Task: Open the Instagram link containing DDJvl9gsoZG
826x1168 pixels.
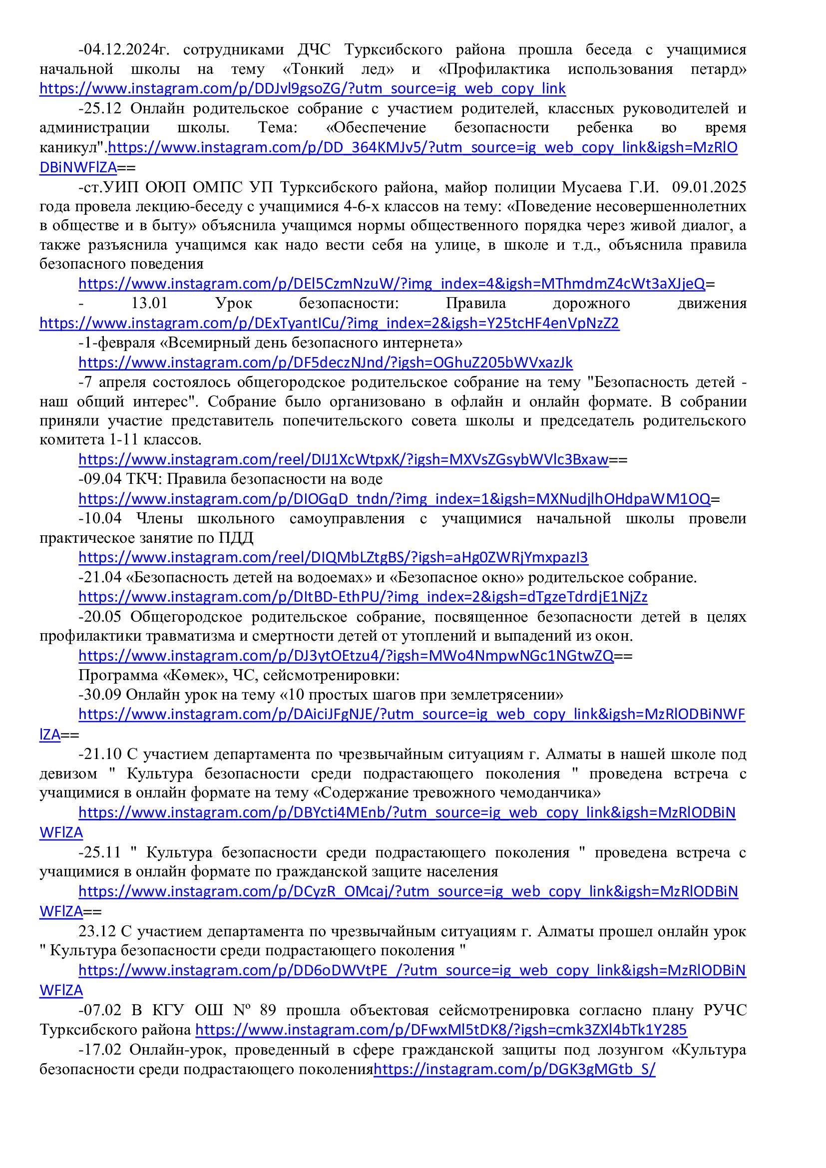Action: pyautogui.click(x=302, y=89)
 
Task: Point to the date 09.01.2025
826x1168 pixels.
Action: pyautogui.click(x=709, y=187)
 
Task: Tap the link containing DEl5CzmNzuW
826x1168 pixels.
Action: pyautogui.click(x=392, y=284)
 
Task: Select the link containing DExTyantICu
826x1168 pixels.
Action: pyautogui.click(x=329, y=323)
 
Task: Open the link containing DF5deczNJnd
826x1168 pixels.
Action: pyautogui.click(x=326, y=363)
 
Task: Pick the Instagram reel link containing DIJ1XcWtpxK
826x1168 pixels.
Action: pyautogui.click(x=343, y=460)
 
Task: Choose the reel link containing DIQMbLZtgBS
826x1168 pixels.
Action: pyautogui.click(x=333, y=558)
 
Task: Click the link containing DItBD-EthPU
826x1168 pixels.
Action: pyautogui.click(x=363, y=597)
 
